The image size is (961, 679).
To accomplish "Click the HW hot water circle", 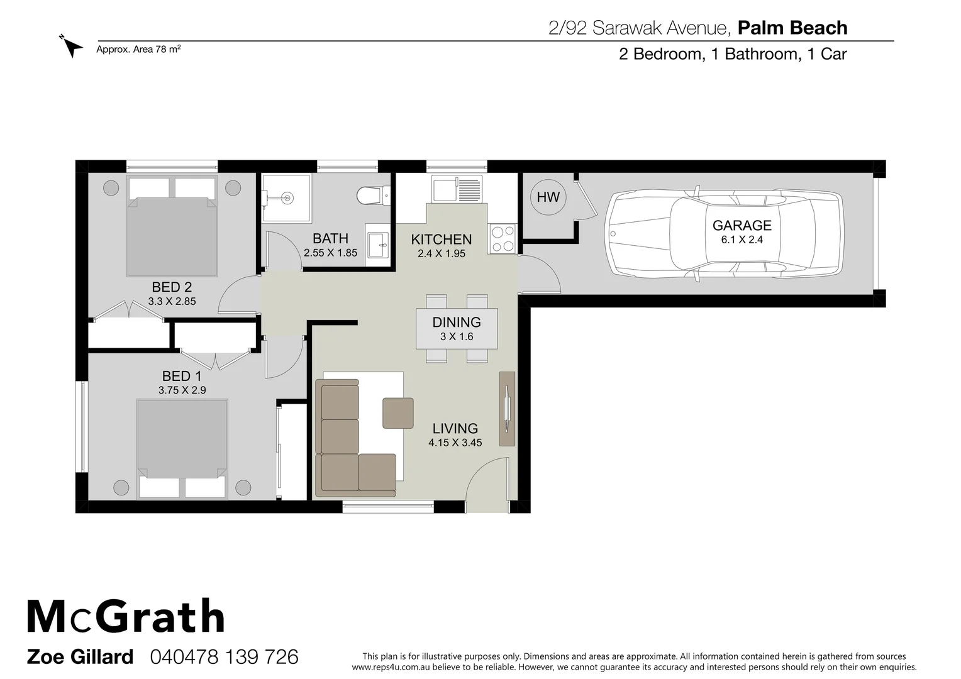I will point(548,197).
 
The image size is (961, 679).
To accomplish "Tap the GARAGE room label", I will point(742,225).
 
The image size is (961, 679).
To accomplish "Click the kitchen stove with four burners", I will point(501,239).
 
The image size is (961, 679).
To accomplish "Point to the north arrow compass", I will point(72,45).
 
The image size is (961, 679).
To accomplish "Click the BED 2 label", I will point(172,287).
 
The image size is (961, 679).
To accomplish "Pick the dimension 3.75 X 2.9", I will point(182,390).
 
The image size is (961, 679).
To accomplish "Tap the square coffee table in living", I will point(398,413).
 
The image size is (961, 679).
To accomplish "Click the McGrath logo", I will point(126,617).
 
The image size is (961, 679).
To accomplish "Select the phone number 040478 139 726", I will point(224,657).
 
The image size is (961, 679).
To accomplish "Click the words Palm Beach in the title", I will point(792,28).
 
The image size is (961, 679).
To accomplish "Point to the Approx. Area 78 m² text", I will point(138,49).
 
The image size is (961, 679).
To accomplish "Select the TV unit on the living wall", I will point(507,409).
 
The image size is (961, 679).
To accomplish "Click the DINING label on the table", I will point(457,322).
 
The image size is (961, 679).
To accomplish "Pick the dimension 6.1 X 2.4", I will point(742,240).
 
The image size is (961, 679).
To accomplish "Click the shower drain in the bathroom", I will point(287,198).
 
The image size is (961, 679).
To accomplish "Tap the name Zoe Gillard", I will point(80,657).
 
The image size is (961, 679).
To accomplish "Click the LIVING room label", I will point(455,429).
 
